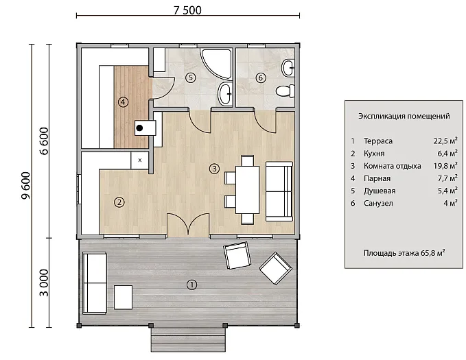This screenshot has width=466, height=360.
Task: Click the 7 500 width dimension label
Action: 187,10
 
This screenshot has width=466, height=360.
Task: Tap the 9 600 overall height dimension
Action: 26,186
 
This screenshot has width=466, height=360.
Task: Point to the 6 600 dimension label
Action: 44,141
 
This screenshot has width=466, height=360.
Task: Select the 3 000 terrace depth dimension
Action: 44,283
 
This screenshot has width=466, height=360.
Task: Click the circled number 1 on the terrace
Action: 191,285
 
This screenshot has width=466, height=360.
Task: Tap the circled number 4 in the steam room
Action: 123,102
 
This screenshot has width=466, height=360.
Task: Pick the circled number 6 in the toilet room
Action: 261,78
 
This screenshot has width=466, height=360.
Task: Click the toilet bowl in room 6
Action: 285,91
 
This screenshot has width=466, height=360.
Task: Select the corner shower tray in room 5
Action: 215,62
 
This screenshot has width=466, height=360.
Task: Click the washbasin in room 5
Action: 225,94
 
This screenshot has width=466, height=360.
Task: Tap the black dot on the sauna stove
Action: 139,128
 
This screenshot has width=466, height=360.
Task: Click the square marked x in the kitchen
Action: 140,160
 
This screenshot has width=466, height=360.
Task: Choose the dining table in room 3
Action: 248,190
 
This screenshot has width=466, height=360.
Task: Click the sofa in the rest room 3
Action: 279,191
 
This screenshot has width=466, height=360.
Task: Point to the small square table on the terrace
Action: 123,298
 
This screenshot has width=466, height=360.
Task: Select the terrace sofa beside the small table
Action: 95,283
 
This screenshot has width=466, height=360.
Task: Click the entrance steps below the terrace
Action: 188,340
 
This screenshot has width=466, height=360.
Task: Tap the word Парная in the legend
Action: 377,178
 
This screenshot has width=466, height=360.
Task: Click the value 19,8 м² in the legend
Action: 445,166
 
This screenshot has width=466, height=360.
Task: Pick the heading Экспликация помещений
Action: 404,116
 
